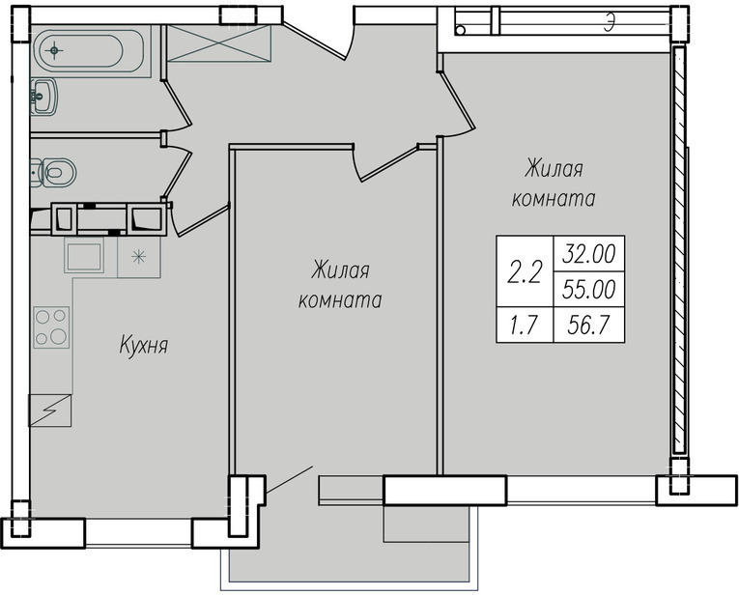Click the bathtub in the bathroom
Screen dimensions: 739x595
(x=88, y=51)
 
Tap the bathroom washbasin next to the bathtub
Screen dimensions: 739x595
(x=43, y=97)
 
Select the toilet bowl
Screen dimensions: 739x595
(x=53, y=173)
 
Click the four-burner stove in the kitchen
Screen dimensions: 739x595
(x=51, y=327)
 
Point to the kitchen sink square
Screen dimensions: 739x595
(x=84, y=256)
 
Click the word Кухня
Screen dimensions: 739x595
(x=143, y=346)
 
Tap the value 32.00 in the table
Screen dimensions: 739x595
(x=589, y=254)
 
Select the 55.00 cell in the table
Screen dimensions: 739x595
(x=589, y=289)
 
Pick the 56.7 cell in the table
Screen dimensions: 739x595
(x=589, y=326)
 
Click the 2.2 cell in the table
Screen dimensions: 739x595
(x=525, y=272)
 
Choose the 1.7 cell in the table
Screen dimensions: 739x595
(x=525, y=326)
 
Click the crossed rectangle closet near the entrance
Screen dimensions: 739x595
(x=219, y=43)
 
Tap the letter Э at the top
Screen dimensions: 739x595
(x=611, y=22)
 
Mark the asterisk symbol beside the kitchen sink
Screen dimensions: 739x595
(x=138, y=257)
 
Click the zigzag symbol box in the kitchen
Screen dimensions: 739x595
(x=50, y=411)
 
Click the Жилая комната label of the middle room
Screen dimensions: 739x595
(x=340, y=286)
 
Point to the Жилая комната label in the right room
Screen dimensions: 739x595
(x=554, y=184)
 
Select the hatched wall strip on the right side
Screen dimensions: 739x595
(x=679, y=249)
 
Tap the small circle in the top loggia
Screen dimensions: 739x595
(x=461, y=31)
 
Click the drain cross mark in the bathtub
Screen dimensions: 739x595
(x=55, y=50)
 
